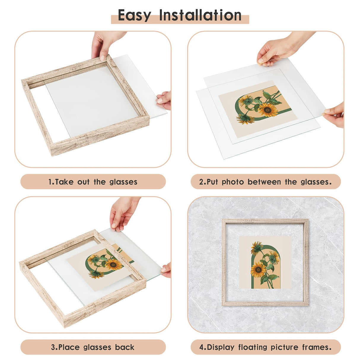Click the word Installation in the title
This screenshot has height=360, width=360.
point(200,15)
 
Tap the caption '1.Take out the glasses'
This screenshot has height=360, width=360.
point(93,182)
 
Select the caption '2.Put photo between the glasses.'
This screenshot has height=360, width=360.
point(265,182)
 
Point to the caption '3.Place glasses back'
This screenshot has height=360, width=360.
point(93,347)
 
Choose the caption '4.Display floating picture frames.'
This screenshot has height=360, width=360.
point(265,347)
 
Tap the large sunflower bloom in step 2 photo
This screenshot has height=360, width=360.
point(267,110)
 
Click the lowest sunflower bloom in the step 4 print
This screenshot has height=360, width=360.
point(258,270)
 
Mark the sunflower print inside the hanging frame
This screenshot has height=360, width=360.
point(265,262)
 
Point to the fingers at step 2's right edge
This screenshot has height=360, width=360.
point(334,114)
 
